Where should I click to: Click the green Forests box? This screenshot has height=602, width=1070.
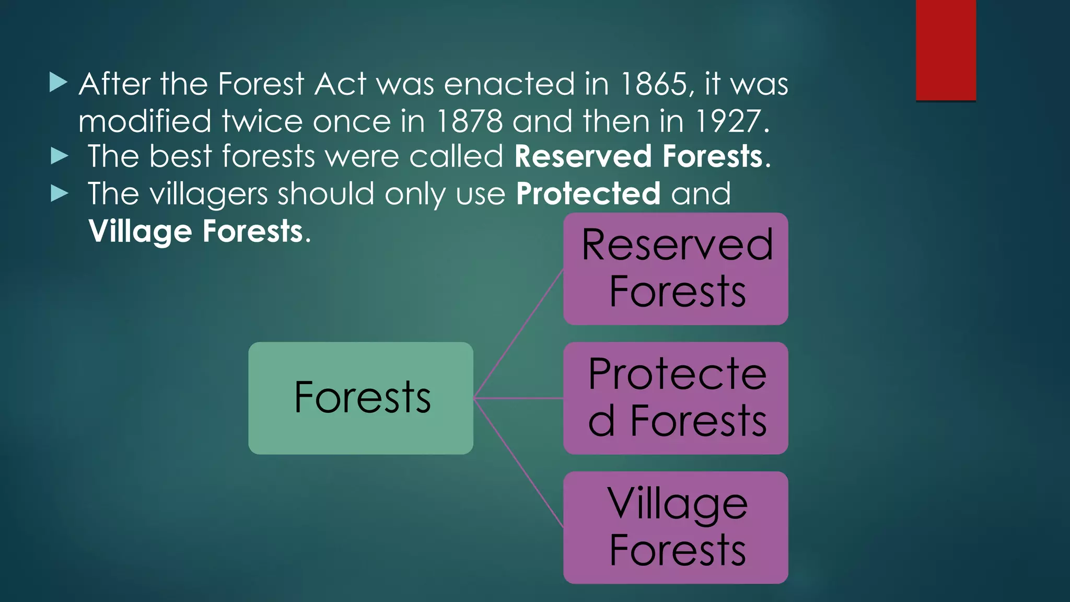click(360, 398)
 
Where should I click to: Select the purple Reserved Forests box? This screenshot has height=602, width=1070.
click(676, 269)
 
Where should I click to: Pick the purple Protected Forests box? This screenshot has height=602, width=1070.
click(676, 398)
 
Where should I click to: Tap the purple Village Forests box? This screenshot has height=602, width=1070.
click(676, 527)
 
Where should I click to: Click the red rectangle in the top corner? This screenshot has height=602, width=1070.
click(946, 50)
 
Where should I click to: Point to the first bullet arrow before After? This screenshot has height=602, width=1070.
click(59, 83)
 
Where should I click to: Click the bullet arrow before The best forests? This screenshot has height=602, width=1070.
click(60, 156)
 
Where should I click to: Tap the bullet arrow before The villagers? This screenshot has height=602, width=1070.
click(60, 194)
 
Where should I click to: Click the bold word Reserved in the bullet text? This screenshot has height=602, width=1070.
click(583, 156)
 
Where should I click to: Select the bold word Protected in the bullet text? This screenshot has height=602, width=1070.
click(588, 194)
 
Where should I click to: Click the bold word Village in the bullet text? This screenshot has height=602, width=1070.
click(140, 231)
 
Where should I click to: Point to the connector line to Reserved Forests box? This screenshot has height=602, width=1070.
click(518, 334)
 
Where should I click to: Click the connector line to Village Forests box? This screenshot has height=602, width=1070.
click(518, 462)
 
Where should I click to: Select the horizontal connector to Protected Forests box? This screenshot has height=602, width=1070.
click(518, 398)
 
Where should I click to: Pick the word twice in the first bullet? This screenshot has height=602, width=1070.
click(262, 121)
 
